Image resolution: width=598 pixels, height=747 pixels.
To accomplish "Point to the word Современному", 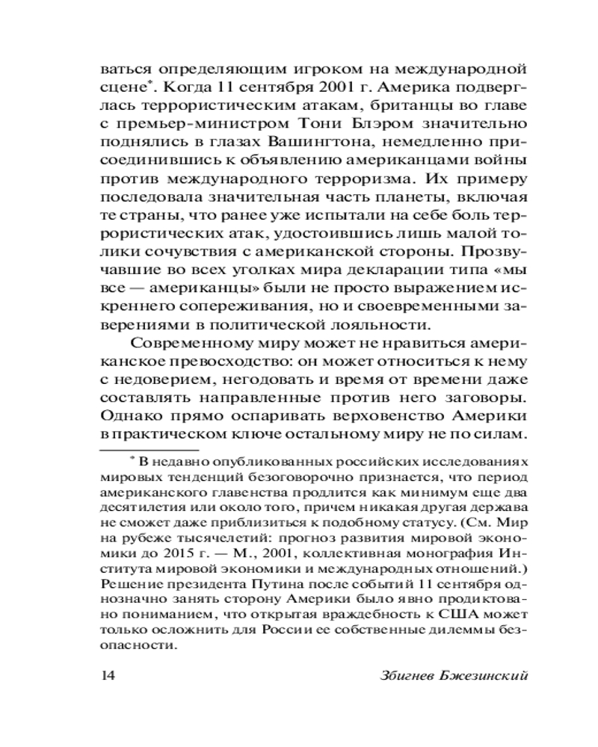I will (x=197, y=344).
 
